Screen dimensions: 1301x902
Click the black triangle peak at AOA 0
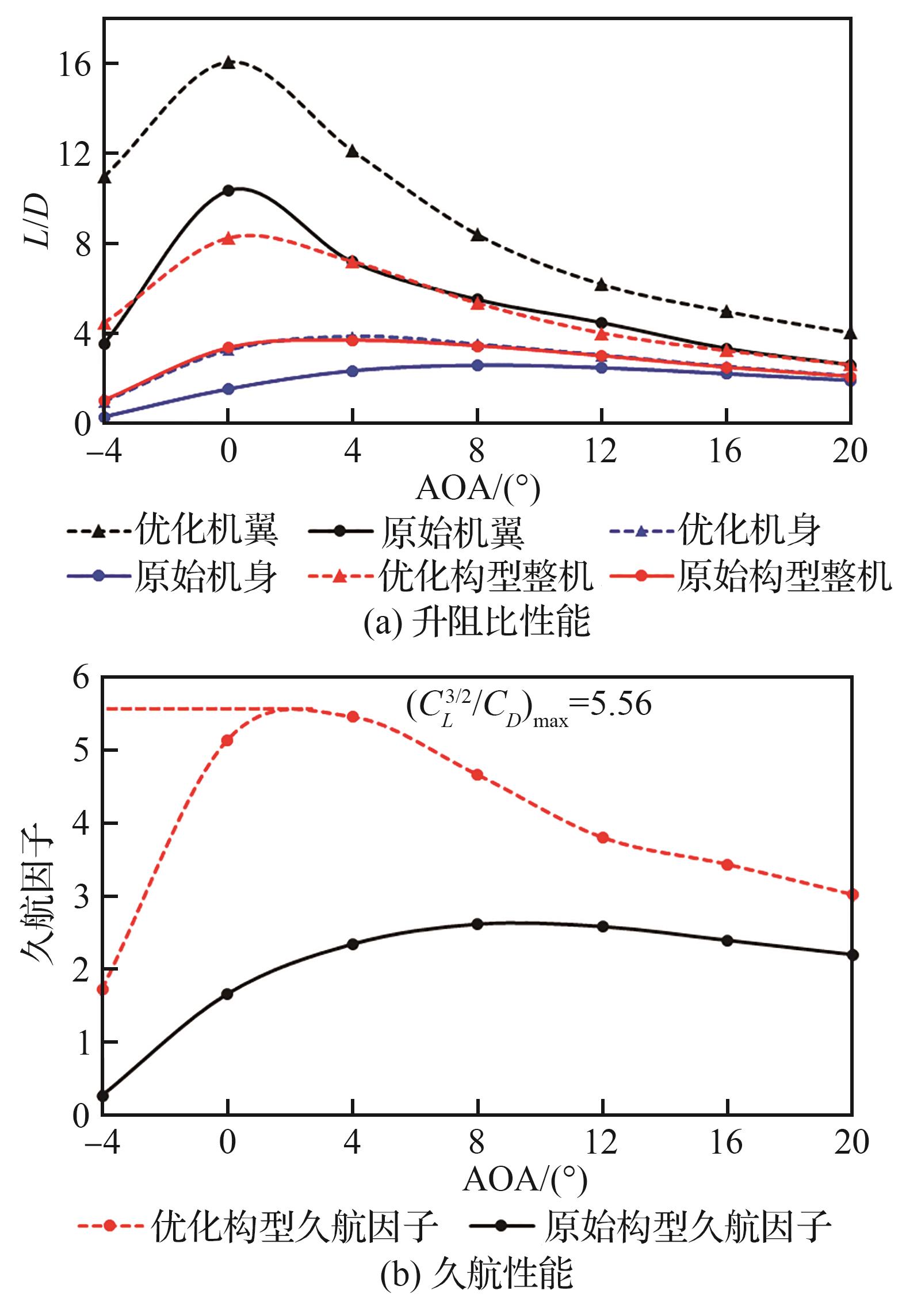228,62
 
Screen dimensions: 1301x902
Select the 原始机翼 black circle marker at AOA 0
228,191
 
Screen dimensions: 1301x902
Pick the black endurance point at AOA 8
477,924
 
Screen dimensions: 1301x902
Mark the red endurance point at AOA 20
853,895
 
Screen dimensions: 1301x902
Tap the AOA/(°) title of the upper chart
477,489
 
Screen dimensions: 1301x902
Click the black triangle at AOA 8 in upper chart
477,234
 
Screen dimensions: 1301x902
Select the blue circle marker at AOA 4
353,371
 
